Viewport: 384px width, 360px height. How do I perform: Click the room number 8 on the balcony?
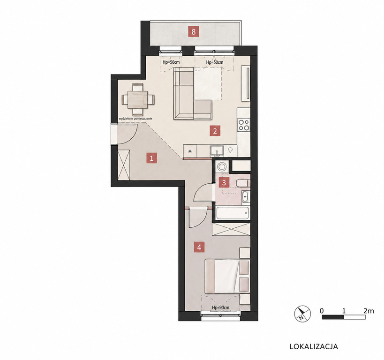(194, 31)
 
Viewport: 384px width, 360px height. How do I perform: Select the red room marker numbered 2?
(215, 131)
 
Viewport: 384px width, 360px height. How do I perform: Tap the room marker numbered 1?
(151, 158)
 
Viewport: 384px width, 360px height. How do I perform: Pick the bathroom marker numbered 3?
(224, 182)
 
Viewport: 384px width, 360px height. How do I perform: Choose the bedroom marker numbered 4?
(199, 247)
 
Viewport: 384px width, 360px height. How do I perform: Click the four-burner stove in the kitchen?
(244, 125)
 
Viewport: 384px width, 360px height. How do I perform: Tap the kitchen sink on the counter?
(217, 150)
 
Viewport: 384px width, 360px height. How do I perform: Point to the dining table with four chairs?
(138, 99)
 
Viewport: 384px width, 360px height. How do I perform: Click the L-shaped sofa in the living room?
(193, 93)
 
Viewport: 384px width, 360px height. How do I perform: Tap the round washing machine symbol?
(222, 166)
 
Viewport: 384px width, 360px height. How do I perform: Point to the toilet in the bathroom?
(243, 183)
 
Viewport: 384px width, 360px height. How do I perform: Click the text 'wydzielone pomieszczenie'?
(136, 119)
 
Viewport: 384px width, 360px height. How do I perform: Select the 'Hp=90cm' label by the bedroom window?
(221, 307)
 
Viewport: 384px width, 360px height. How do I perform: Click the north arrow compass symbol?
(302, 314)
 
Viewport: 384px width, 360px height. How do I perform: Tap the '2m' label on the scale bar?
(369, 311)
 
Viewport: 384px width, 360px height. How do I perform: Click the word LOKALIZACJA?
(314, 346)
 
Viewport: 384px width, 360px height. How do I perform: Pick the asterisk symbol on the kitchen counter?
(190, 151)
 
